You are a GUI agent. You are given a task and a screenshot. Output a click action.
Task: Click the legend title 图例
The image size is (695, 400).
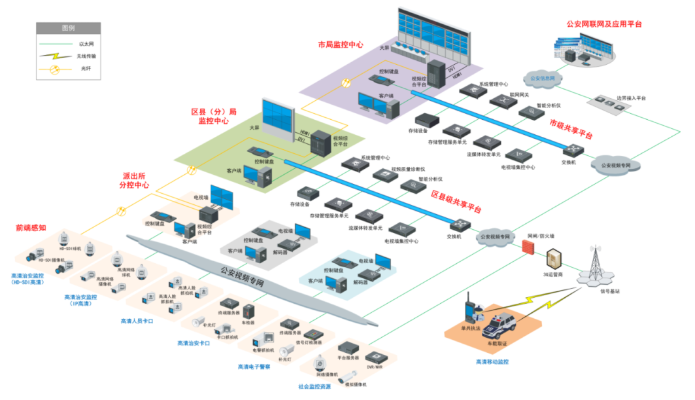pyautogui.click(x=68, y=28)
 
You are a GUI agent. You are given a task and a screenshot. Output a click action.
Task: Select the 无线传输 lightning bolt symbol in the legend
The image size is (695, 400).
pyautogui.click(x=55, y=56)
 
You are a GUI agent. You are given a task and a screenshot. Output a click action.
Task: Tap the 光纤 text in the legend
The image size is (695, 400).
pyautogui.click(x=86, y=67)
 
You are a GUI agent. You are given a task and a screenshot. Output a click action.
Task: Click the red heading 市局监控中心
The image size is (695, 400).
pyautogui.click(x=340, y=45)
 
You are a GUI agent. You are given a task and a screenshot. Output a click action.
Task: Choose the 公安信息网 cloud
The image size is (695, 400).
pyautogui.click(x=541, y=79)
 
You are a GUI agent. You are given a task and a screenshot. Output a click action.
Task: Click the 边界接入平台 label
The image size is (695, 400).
pyautogui.click(x=631, y=98)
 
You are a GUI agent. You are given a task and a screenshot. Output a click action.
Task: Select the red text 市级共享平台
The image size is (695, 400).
pyautogui.click(x=571, y=129)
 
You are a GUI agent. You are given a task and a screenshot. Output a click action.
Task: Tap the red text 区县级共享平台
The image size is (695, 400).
pyautogui.click(x=456, y=202)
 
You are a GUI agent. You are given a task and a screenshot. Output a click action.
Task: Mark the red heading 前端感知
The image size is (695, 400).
pyautogui.click(x=31, y=228)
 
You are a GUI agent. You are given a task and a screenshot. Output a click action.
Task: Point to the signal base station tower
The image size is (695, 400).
pyautogui.click(x=594, y=267)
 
